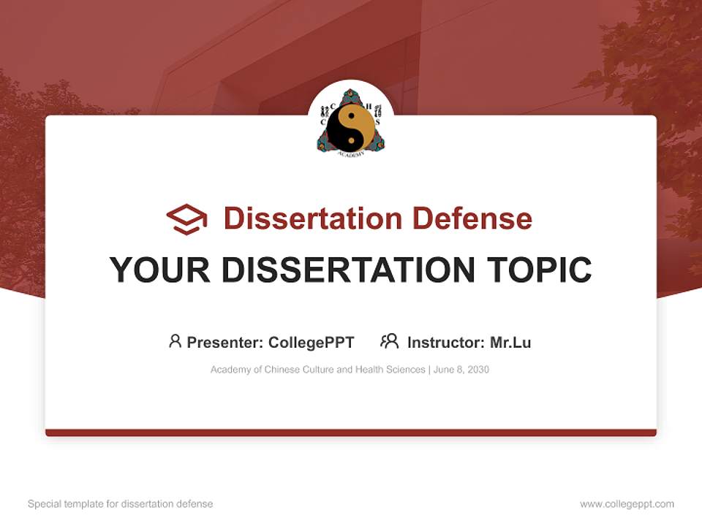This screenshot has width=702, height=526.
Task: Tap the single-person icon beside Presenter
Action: tap(175, 341)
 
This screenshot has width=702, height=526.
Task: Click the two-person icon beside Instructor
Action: tap(389, 341)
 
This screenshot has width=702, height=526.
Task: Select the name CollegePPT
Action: tap(311, 342)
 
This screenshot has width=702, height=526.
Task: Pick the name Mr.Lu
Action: tap(510, 342)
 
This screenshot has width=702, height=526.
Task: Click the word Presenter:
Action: tap(225, 342)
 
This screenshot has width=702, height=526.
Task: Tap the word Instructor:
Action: tap(445, 342)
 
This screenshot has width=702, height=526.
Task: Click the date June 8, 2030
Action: tap(461, 370)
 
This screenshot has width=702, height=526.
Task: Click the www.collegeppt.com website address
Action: tap(627, 504)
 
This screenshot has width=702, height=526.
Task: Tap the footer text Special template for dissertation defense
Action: tap(121, 504)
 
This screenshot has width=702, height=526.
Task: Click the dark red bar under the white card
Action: tap(351, 432)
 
